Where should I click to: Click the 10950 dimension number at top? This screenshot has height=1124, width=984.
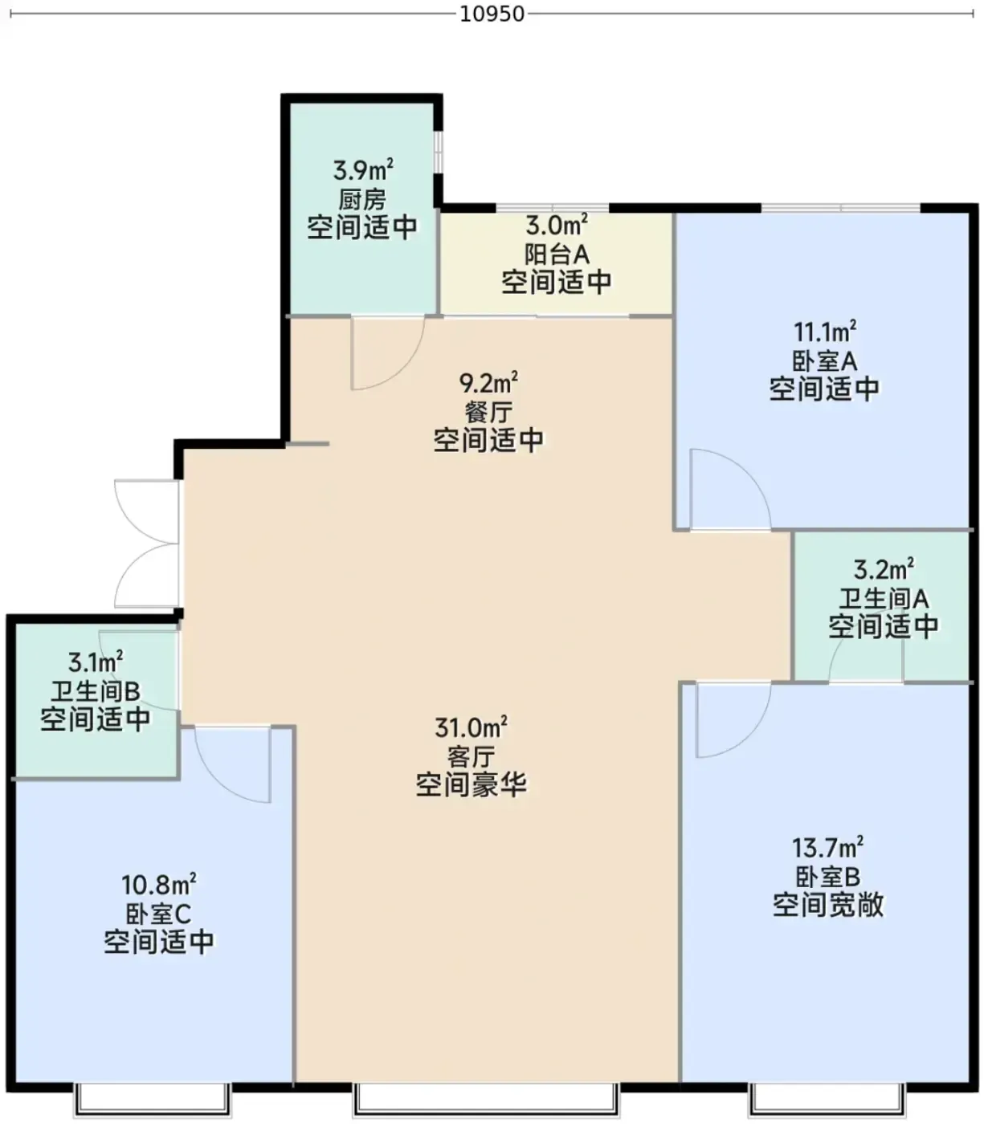pyautogui.click(x=492, y=14)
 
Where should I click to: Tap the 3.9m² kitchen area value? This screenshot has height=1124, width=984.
pyautogui.click(x=363, y=169)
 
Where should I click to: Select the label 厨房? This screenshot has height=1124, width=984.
pyautogui.click(x=362, y=199)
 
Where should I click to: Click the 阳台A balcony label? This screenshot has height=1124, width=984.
pyautogui.click(x=557, y=254)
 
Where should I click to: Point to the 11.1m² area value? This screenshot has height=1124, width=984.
pyautogui.click(x=825, y=332)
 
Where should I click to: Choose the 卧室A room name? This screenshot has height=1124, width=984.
pyautogui.click(x=825, y=361)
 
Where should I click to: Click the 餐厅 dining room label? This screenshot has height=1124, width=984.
pyautogui.click(x=488, y=412)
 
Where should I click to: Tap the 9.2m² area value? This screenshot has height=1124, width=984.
pyautogui.click(x=488, y=382)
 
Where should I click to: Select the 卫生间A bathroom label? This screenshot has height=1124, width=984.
pyautogui.click(x=884, y=598)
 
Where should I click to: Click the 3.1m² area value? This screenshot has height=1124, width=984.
pyautogui.click(x=96, y=662)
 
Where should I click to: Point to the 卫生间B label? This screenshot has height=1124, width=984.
pyautogui.click(x=96, y=691)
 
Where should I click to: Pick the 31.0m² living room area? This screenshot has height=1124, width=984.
pyautogui.click(x=471, y=727)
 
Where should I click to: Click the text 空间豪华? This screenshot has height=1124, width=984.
pyautogui.click(x=471, y=784)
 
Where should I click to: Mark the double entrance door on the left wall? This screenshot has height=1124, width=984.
pyautogui.click(x=147, y=544)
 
